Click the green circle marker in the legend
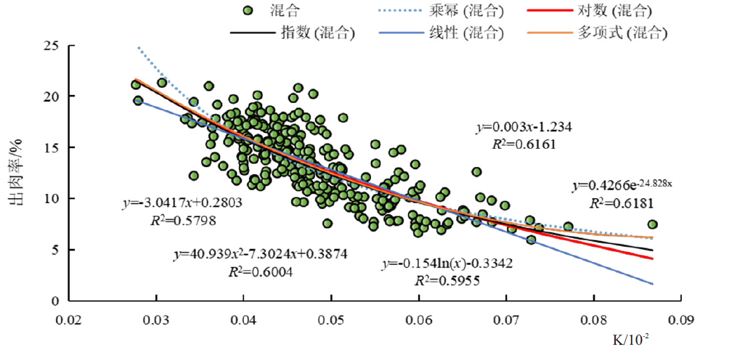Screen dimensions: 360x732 [x=248, y=12]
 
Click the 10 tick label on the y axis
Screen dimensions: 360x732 [x=50, y=198]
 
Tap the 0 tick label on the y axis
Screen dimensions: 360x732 [x=54, y=300]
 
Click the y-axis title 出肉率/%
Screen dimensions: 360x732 [x=15, y=174]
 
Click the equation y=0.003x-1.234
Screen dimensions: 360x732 [x=524, y=127]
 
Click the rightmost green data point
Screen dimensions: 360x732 [x=652, y=225]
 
